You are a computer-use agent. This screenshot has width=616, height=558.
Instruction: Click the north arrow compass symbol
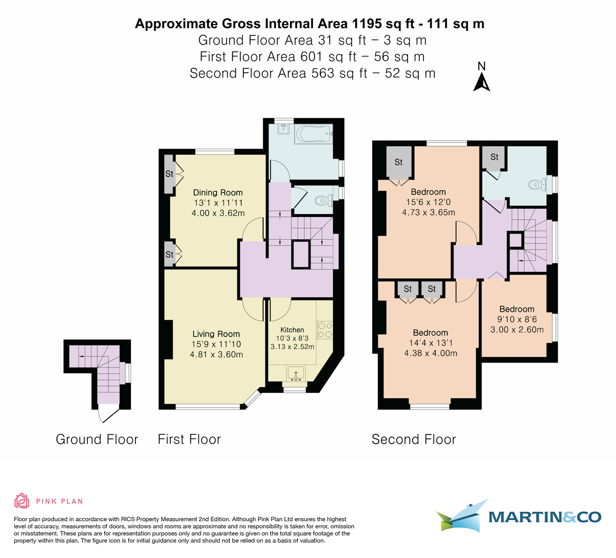tap(481, 77)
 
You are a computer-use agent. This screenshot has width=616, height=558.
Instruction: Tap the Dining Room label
tap(218, 192)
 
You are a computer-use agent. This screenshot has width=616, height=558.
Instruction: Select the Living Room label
tap(216, 334)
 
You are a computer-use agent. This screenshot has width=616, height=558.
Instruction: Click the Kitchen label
tap(292, 330)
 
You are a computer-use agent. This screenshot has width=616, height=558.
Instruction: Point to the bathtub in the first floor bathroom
tap(314, 134)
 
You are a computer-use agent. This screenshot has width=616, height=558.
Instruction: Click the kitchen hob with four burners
tap(324, 330)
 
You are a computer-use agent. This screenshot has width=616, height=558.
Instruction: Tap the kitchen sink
tap(295, 373)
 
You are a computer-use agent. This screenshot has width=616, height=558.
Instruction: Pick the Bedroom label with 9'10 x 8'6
tap(517, 309)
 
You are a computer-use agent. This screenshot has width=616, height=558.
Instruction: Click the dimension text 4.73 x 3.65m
tap(428, 212)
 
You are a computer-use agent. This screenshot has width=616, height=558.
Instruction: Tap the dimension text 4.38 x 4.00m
tap(431, 353)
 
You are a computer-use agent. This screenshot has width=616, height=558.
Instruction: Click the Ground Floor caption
tap(97, 440)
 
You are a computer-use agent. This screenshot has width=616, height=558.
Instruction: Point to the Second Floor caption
tap(414, 440)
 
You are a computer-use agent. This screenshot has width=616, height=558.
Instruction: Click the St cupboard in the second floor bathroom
tap(494, 157)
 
